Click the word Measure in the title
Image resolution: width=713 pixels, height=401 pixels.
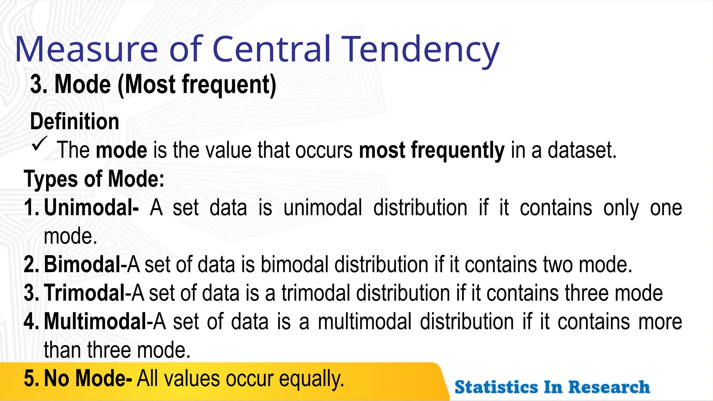[87, 49]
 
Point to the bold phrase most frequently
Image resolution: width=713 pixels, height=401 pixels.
[431, 150]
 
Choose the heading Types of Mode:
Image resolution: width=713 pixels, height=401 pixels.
[94, 179]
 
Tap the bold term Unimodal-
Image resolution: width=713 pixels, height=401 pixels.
[91, 208]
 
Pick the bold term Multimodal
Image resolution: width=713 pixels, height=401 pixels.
[96, 321]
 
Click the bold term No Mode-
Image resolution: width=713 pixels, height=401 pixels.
[88, 378]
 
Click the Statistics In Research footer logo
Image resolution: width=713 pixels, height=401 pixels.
[552, 387]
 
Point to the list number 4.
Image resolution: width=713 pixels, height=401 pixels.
[32, 321]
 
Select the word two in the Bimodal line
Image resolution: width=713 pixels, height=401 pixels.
[558, 265]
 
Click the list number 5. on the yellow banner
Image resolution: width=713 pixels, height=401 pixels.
[32, 378]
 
